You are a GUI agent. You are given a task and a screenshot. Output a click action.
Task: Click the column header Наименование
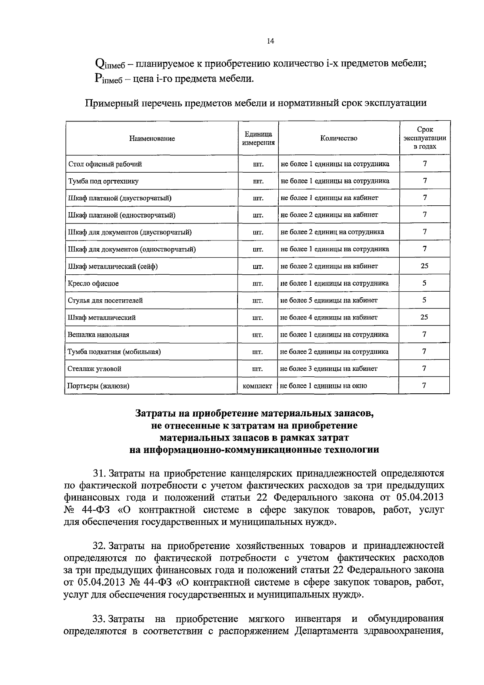pos(152,138)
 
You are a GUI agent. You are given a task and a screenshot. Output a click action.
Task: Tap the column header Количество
pos(338,138)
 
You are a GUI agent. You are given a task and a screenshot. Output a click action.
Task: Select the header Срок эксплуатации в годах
pos(424,138)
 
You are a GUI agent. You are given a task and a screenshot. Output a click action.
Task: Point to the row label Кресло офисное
pos(93,283)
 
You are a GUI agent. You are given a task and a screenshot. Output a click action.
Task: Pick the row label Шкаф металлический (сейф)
pos(113,266)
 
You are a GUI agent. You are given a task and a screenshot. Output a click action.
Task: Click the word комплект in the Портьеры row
pos(258,386)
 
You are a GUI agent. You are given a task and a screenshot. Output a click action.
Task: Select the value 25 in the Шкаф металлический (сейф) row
pos(424,266)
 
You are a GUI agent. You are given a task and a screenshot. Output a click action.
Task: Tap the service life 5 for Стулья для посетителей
pos(424,300)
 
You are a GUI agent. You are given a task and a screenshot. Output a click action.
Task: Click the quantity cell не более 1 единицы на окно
pos(323,386)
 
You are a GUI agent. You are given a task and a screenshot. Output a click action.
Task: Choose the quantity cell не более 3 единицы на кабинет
pos(329,369)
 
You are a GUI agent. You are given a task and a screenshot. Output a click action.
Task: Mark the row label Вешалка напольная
pos(98,334)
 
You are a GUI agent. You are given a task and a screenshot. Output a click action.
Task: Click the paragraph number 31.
pos(99,473)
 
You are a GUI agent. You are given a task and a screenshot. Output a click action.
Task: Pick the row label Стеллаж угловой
pos(94,369)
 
